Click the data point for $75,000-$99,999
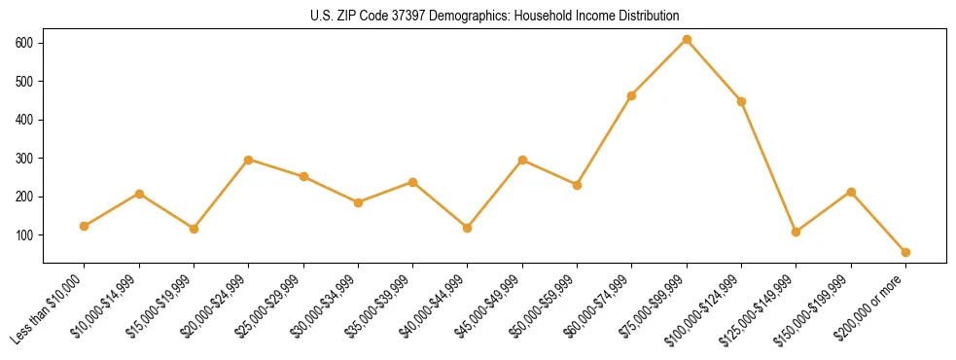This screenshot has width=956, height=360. tap(687, 39)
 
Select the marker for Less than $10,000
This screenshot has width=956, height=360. tap(85, 226)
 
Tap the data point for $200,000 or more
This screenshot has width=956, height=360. tap(905, 252)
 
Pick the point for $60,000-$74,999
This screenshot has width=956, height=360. tap(632, 95)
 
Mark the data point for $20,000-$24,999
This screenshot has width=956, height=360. tap(249, 160)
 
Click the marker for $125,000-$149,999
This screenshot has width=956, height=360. tap(797, 232)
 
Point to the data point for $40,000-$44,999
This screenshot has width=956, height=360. tap(468, 228)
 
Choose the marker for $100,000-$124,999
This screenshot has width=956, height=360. tap(742, 101)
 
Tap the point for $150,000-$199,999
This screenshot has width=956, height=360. tap(851, 192)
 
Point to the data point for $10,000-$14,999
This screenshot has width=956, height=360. tap(139, 194)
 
